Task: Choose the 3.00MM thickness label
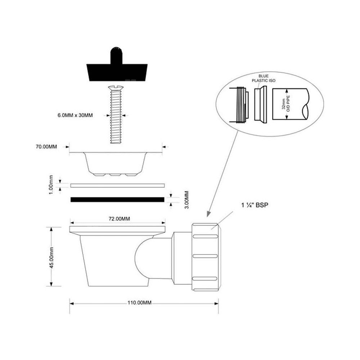click(x=186, y=200)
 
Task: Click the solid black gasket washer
click(x=117, y=199)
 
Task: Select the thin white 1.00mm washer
click(x=117, y=185)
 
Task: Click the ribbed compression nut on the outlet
click(x=206, y=256)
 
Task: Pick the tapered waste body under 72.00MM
click(x=108, y=259)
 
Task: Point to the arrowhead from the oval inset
click(x=208, y=215)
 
